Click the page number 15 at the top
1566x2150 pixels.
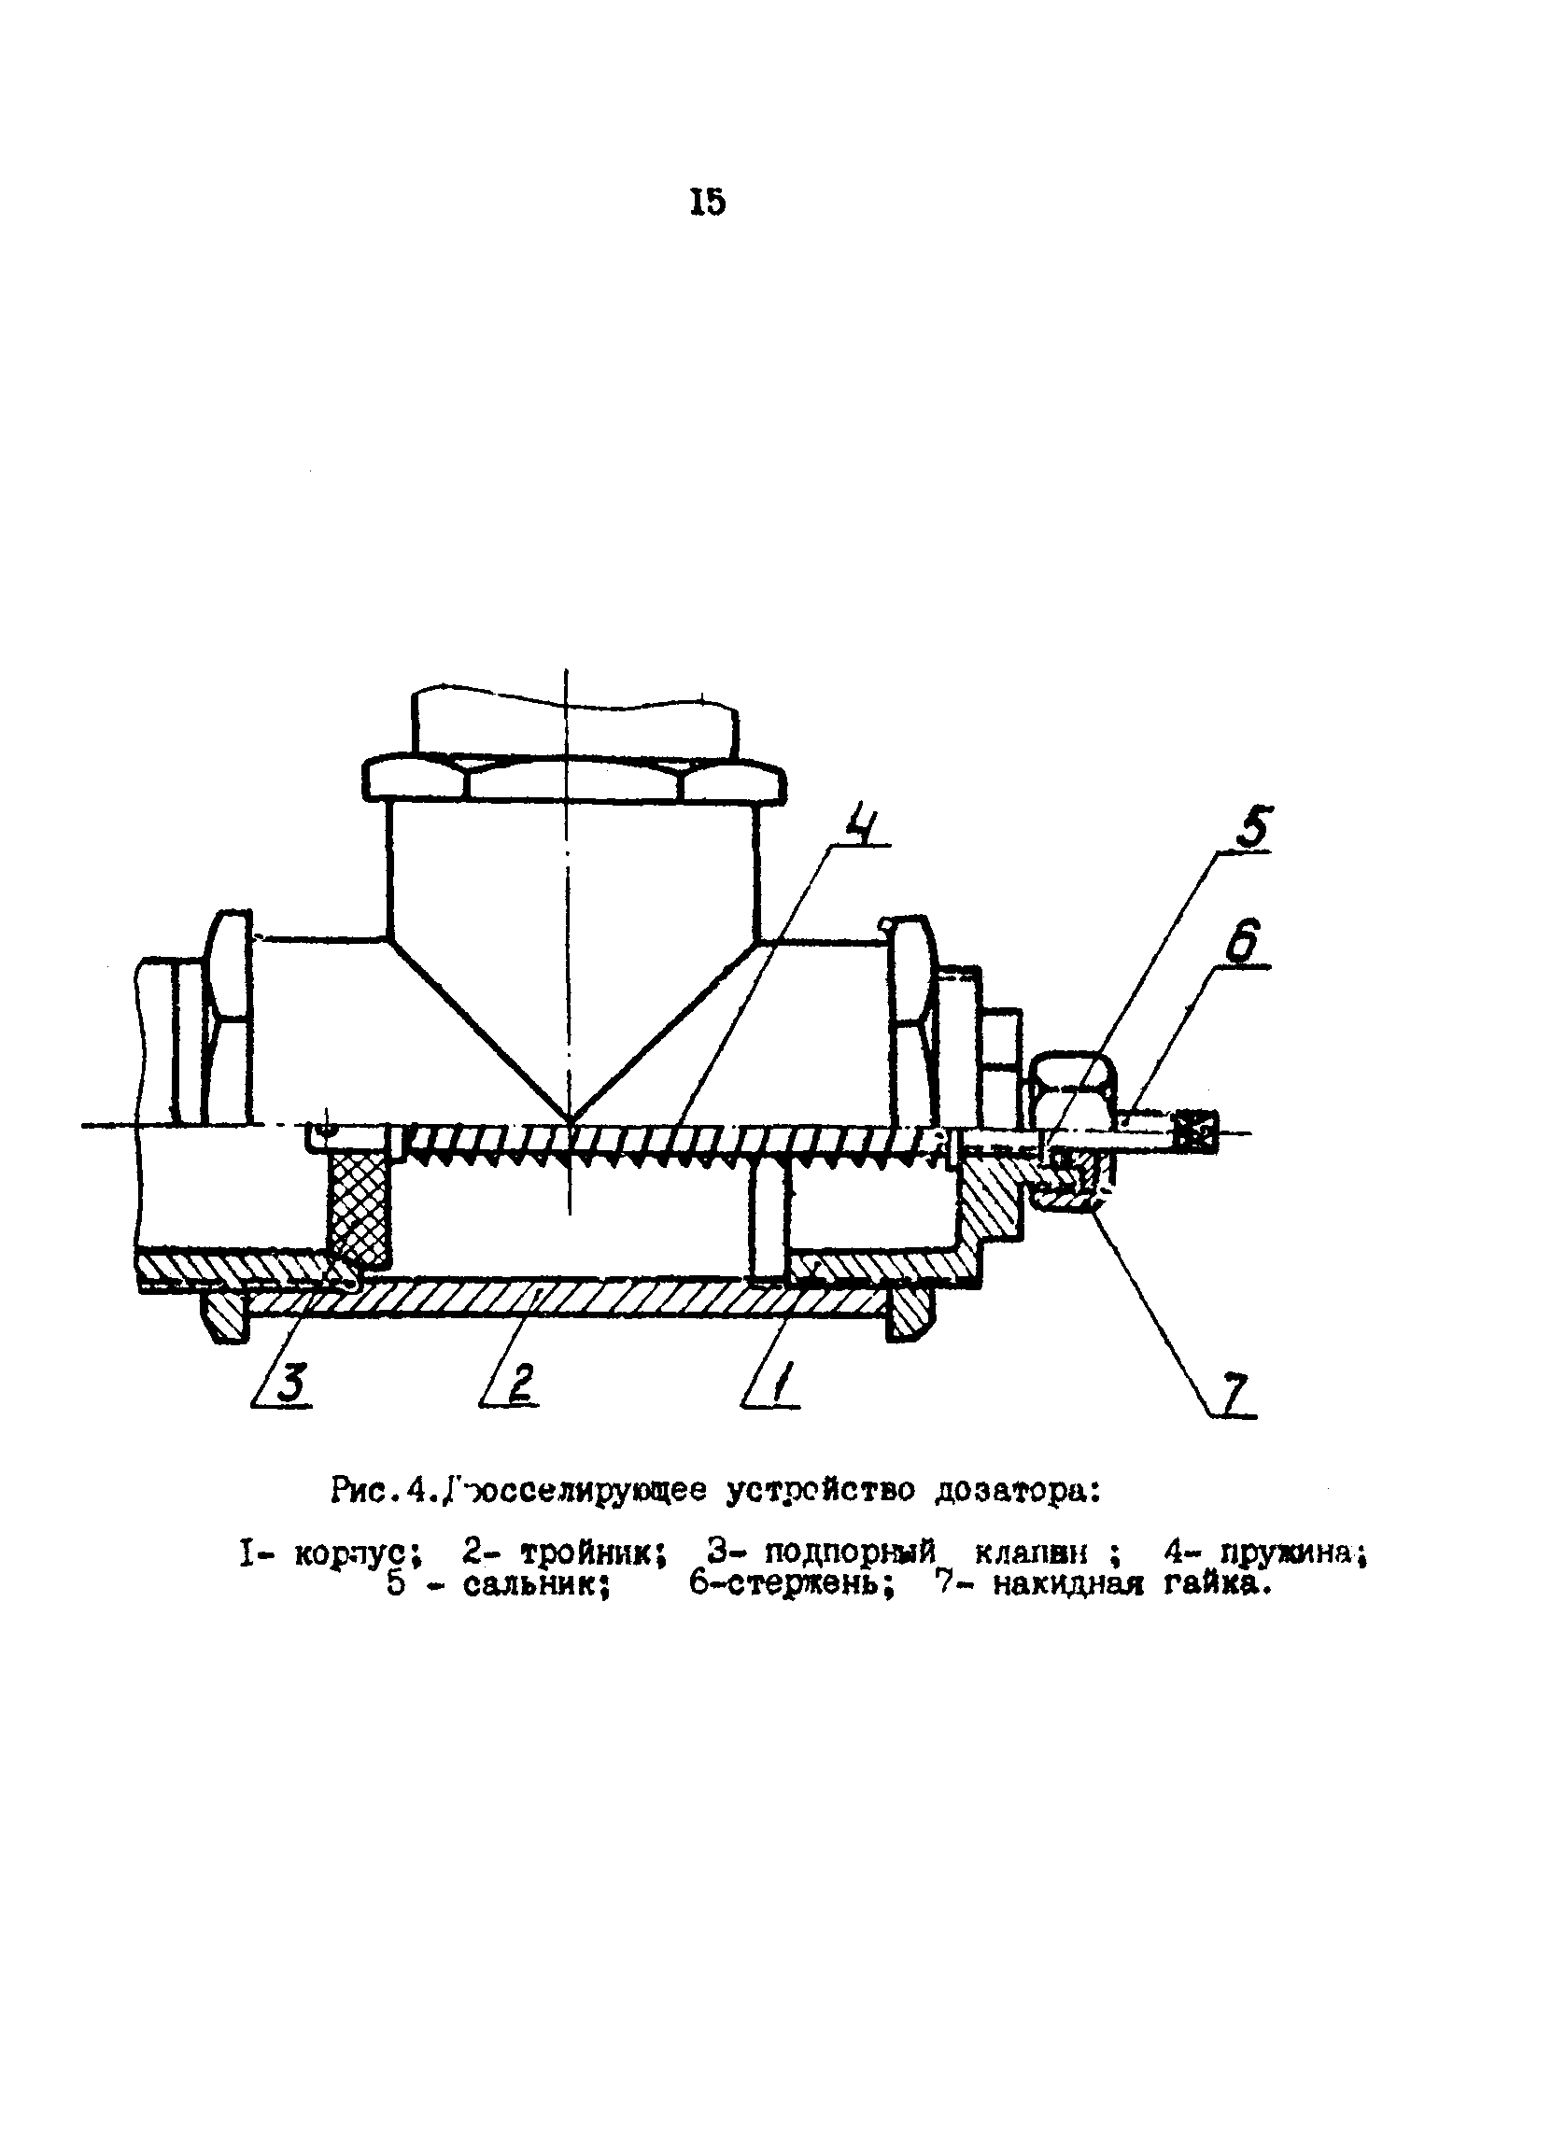707,202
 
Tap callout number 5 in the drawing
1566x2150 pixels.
1251,826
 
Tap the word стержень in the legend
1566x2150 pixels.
808,1584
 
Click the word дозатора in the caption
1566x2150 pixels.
1016,1491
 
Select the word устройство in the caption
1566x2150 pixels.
821,1491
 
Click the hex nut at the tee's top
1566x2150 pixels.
574,778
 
